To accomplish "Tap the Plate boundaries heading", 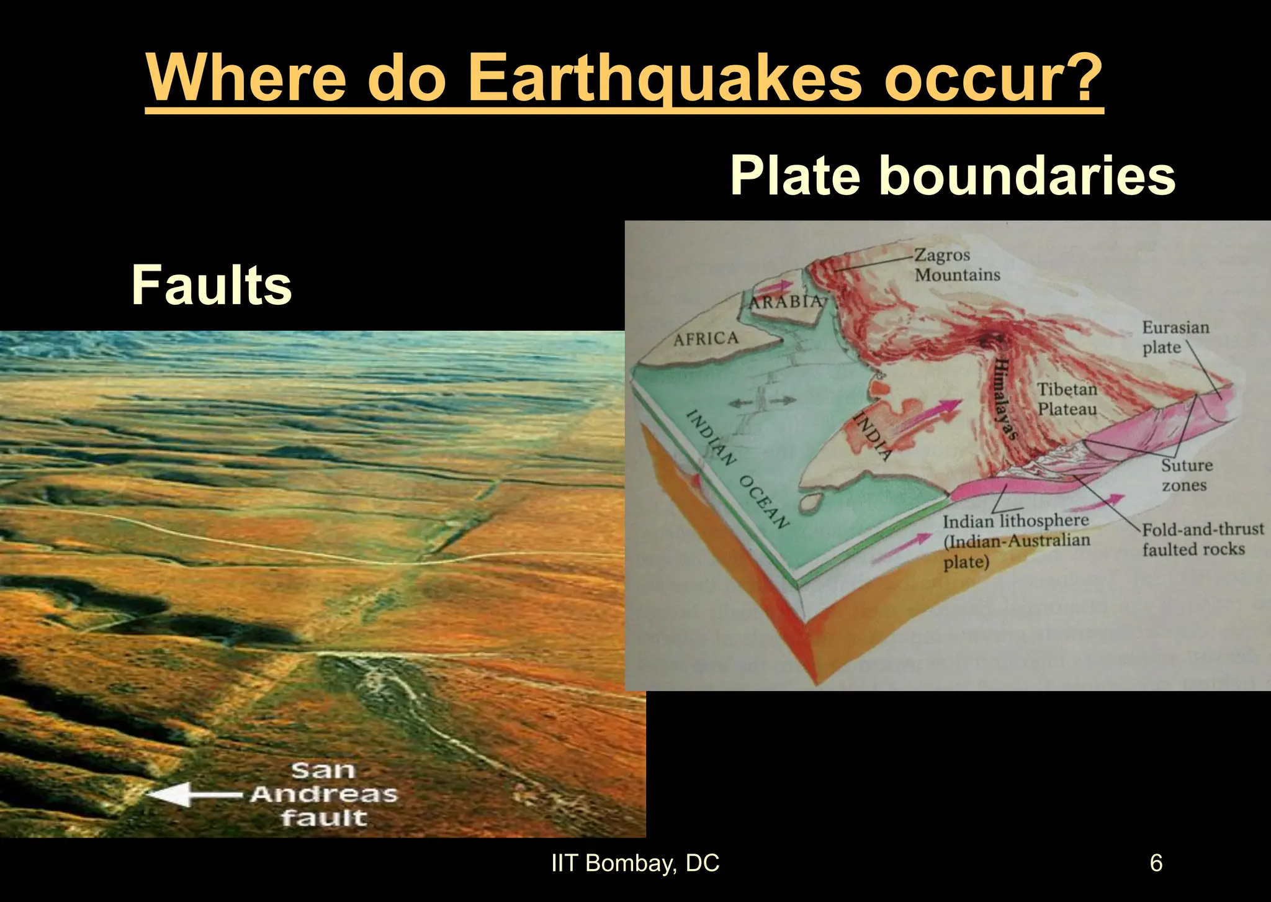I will click(x=953, y=176).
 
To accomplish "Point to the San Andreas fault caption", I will click(x=323, y=794).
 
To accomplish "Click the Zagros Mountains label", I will click(x=957, y=264).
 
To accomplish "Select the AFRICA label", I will click(x=706, y=339).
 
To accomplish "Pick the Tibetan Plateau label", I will click(x=1067, y=399).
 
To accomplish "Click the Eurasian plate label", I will click(x=1175, y=337).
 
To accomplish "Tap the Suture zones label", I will click(x=1186, y=475).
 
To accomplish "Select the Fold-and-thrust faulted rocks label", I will click(x=1201, y=539).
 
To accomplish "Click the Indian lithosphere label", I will click(x=1016, y=541).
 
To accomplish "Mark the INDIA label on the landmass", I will click(x=873, y=435).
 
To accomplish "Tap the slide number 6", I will click(x=1156, y=863).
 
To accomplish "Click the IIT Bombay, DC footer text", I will click(x=635, y=863).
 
